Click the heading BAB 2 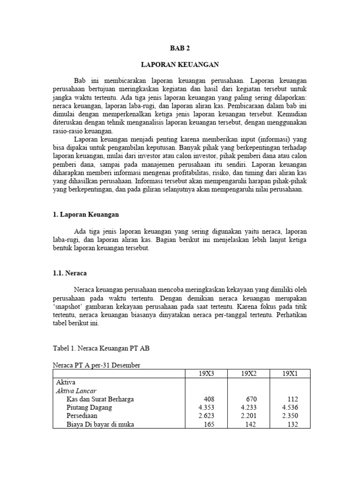tap(180, 48)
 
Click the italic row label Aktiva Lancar tap(76, 390)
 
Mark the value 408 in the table tap(208, 399)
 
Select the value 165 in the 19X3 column tap(208, 425)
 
